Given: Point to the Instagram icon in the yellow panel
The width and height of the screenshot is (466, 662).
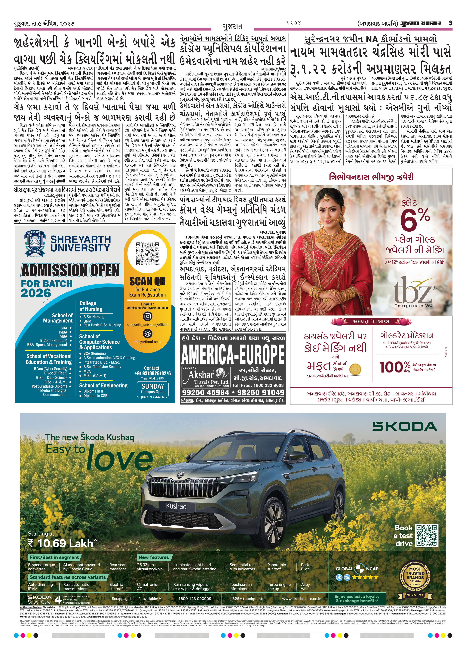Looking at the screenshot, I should tap(147, 316).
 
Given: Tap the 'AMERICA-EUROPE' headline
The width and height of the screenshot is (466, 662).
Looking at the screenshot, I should tap(233, 354).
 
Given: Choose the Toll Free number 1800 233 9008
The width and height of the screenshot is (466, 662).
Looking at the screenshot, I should tap(258, 385).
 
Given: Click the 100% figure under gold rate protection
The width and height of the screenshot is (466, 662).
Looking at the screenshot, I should tap(395, 367).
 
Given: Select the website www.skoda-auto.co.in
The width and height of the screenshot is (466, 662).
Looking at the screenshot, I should tap(301, 599).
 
